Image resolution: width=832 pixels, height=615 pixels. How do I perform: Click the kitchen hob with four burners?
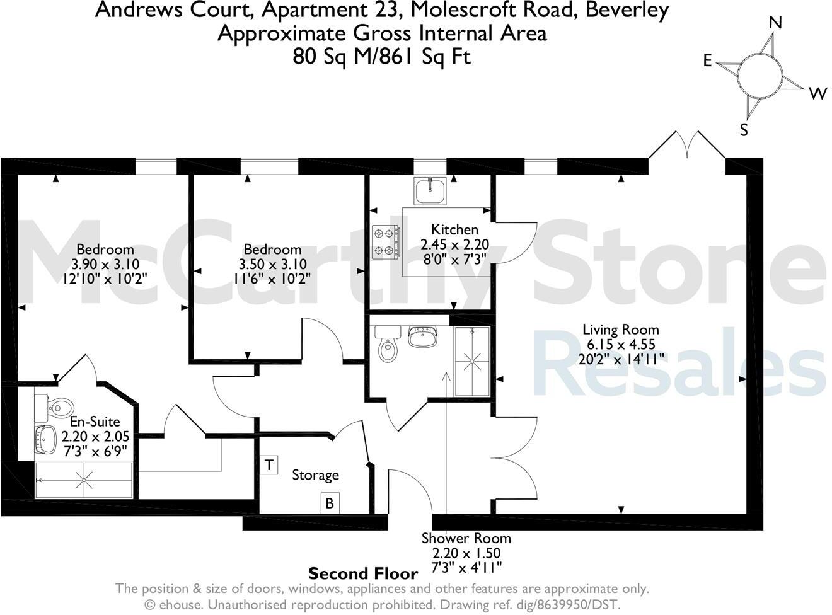pos(386,242)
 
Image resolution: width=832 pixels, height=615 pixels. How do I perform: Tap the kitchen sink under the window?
pos(430,190)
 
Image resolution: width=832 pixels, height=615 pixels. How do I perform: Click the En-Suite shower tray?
pos(84,480)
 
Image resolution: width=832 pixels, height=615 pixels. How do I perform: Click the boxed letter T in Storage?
pos(269,466)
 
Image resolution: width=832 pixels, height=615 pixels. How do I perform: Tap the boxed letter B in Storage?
pos(329,503)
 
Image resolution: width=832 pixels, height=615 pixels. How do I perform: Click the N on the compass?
pos(776,23)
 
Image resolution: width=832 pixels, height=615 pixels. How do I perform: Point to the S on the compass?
pos(744,130)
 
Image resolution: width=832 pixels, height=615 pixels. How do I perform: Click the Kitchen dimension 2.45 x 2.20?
pos(454,244)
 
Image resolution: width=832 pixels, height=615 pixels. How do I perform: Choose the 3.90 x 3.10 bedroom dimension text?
pos(105,264)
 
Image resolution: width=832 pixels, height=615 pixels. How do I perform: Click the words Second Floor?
pos(363,573)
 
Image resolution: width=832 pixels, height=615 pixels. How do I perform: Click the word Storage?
pos(315,475)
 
